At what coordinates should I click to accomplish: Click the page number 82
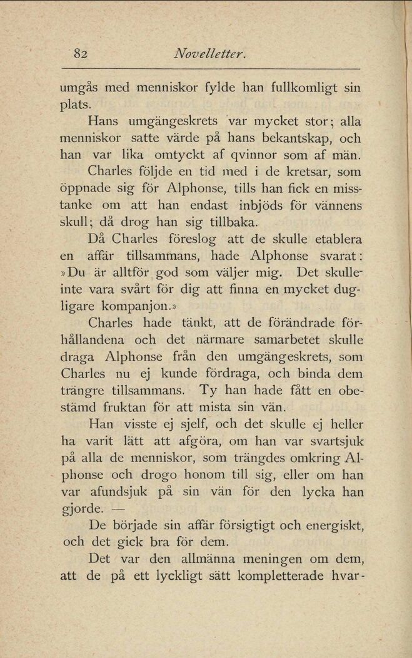79,54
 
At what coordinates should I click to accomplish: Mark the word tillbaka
229,222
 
